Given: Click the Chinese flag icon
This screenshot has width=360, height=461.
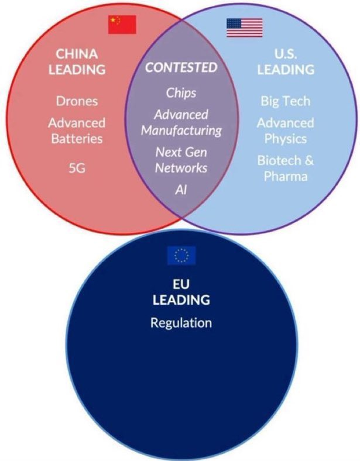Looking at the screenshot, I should [x=122, y=25].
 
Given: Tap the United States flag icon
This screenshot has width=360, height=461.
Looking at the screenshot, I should [x=244, y=27].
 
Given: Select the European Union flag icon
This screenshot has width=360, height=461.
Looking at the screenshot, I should [x=181, y=256].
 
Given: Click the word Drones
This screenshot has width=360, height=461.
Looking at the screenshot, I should [x=77, y=101].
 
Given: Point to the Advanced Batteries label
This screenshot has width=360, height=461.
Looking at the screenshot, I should [x=77, y=130].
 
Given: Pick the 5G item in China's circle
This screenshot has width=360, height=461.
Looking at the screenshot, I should [x=77, y=169].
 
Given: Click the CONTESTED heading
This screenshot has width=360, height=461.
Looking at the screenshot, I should [x=181, y=67].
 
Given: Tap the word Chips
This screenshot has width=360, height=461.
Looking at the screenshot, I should [x=181, y=92].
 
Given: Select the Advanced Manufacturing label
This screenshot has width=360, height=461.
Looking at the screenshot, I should [x=181, y=122].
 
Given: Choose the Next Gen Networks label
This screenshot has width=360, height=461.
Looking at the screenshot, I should [x=181, y=160].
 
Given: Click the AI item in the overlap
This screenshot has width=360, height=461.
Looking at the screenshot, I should [x=181, y=190].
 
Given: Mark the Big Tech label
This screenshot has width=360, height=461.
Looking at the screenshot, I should [x=285, y=101].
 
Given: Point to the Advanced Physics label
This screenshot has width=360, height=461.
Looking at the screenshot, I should [x=285, y=130].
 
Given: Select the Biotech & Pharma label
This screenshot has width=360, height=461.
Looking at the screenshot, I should [x=285, y=168].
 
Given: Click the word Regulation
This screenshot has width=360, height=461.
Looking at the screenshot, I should [x=181, y=322].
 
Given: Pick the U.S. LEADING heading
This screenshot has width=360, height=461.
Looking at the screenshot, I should [x=285, y=61].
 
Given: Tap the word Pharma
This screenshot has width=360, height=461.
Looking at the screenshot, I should [x=285, y=176].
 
